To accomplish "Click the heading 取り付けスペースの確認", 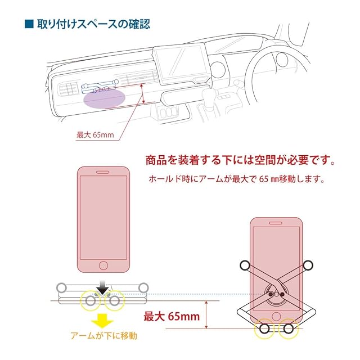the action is pyautogui.click(x=94, y=25).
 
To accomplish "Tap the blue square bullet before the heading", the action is pyautogui.click(x=29, y=25).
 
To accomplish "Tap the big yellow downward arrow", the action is pyautogui.click(x=102, y=320).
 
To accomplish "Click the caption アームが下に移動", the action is pyautogui.click(x=103, y=336).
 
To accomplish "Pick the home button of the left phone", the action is pyautogui.click(x=102, y=265).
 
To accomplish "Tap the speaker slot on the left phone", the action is pyautogui.click(x=102, y=173).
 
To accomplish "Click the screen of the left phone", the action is pyautogui.click(x=102, y=217).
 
